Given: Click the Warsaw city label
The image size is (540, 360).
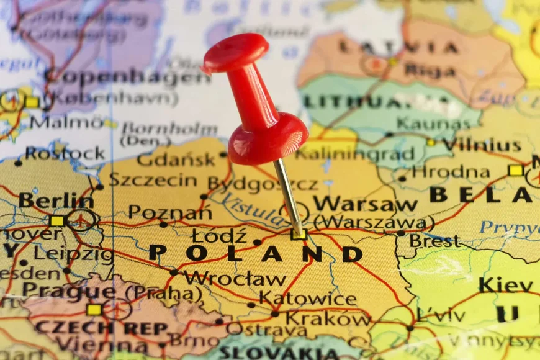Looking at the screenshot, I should (356, 204).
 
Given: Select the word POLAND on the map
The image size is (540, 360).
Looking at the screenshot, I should (255, 253).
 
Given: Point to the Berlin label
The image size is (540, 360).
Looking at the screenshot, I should (56, 200).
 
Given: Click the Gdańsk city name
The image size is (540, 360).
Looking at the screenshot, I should (176, 160).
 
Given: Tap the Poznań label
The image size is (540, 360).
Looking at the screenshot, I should (169, 212).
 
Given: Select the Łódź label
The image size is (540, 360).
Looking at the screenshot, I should (218, 236).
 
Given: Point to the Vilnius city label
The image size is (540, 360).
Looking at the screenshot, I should (482, 145).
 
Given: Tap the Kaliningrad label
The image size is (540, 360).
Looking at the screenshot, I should (354, 154).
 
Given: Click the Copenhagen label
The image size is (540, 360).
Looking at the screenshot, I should (127, 78).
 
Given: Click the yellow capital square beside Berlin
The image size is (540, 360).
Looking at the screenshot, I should (56, 220).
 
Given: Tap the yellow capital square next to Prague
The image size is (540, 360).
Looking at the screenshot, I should (94, 309).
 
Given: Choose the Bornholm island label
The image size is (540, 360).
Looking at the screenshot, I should (169, 129).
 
